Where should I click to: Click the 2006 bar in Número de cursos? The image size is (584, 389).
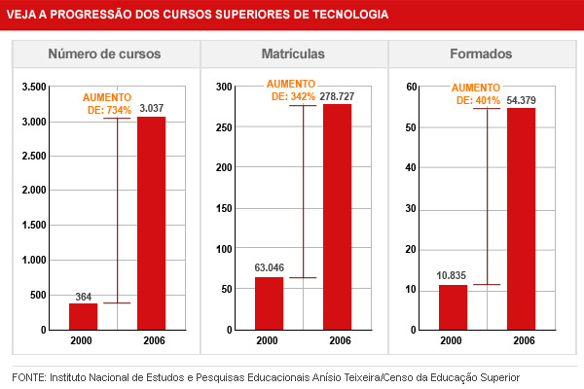pyautogui.click(x=151, y=224)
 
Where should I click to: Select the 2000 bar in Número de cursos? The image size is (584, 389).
pyautogui.click(x=83, y=317)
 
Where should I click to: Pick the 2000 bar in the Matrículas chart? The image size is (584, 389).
pyautogui.click(x=269, y=303)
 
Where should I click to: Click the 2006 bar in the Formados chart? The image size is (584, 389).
pyautogui.click(x=521, y=219)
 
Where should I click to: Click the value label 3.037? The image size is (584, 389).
pyautogui.click(x=151, y=108)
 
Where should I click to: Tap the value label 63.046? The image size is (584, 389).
pyautogui.click(x=269, y=267)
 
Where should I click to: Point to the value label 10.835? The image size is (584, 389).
pyautogui.click(x=453, y=275)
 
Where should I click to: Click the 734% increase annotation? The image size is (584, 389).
pyautogui.click(x=107, y=104)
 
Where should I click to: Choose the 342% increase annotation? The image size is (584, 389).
pyautogui.click(x=292, y=90)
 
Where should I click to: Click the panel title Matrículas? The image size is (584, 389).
pyautogui.click(x=293, y=54)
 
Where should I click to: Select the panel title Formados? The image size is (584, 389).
pyautogui.click(x=481, y=54)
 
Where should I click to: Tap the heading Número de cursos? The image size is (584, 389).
pyautogui.click(x=104, y=54)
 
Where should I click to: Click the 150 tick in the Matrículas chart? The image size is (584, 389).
pyautogui.click(x=224, y=209)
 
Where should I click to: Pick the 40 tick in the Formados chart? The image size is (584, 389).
pyautogui.click(x=412, y=168)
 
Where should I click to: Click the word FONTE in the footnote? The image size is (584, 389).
pyautogui.click(x=29, y=376)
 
